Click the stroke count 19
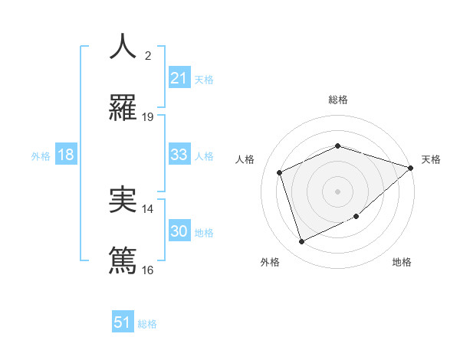point(148,117)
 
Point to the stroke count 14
point(148,208)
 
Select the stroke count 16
point(148,270)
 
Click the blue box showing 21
point(179,78)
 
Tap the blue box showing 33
point(179,155)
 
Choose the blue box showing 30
point(179,231)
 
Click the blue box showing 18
point(66,155)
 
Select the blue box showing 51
point(123,322)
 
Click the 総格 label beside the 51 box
point(147,324)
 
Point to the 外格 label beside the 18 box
point(41,156)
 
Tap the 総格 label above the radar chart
point(337,100)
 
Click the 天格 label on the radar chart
point(431,159)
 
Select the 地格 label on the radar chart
point(402,262)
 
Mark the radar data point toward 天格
point(412,168)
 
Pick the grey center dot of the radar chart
point(337,191)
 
